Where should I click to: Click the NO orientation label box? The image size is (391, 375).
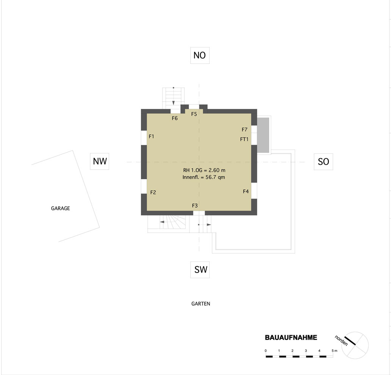pos(200,55)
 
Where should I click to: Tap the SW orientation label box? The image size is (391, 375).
pos(200,269)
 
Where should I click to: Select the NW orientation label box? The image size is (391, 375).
pos(100,161)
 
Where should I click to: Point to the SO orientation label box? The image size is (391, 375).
pos(324,162)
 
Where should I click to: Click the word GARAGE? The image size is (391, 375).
pos(60,208)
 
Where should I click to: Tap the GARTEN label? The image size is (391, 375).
pos(201,304)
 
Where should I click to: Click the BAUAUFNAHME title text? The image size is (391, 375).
pos(291,337)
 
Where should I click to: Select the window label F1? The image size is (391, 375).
pos(152,136)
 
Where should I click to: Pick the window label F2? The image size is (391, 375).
pos(153,192)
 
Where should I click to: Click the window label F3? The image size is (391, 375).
pos(195,206)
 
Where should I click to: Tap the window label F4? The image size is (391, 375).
pos(246,191)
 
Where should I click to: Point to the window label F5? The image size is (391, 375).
pos(194,114)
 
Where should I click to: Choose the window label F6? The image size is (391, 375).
pos(175,118)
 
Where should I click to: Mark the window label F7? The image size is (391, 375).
pos(245,129)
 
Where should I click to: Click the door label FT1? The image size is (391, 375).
pos(244,139)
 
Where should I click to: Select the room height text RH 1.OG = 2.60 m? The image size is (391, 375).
pos(204,170)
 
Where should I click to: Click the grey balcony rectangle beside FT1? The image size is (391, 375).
pos(263,135)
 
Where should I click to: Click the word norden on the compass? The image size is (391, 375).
pos(341,340)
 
